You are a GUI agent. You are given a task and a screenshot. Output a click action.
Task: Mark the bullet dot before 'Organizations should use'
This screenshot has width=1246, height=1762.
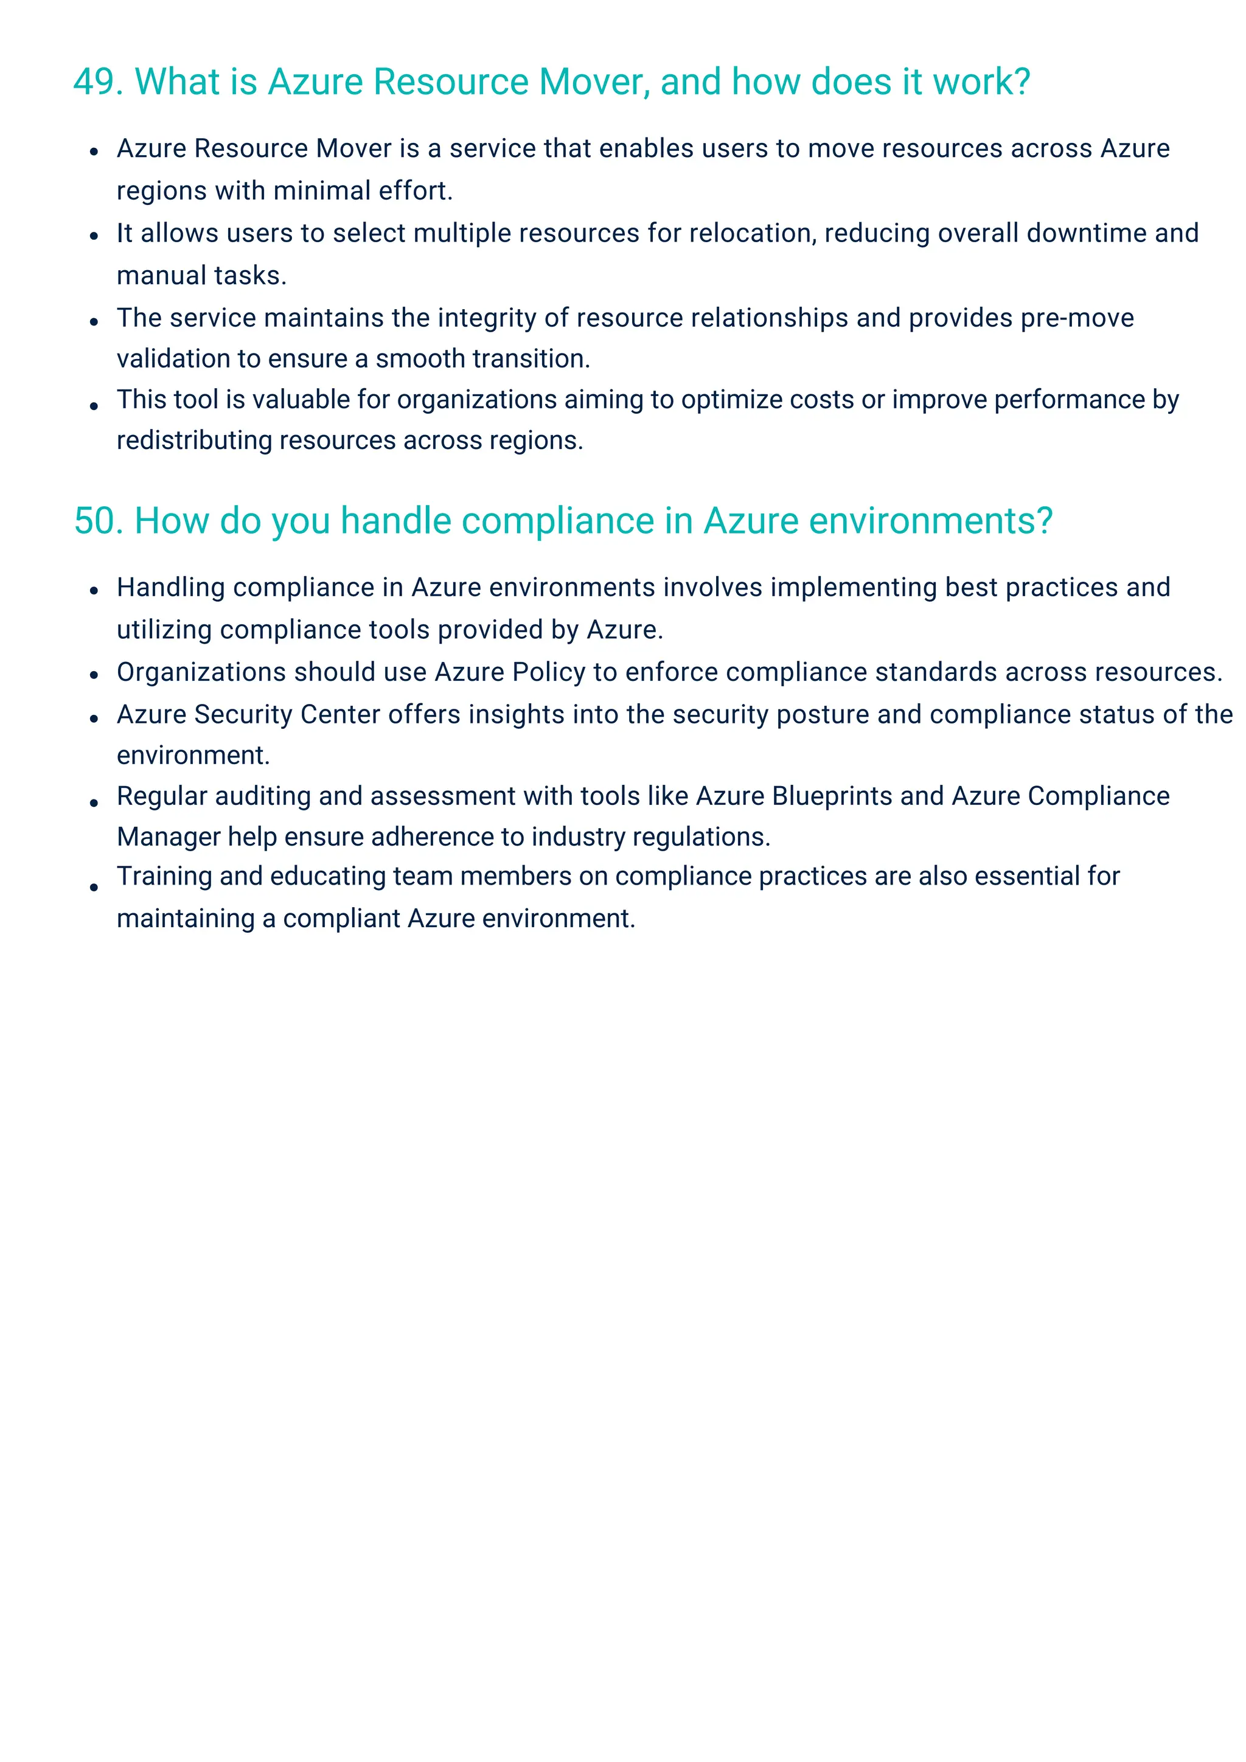coord(94,675)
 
